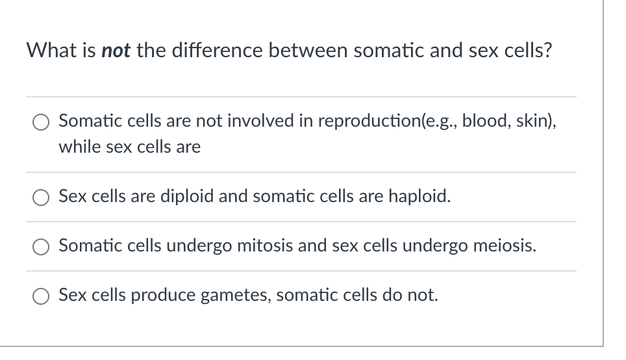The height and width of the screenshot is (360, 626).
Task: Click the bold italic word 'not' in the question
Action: (116, 50)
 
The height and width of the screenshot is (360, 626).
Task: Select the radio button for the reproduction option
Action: (41, 122)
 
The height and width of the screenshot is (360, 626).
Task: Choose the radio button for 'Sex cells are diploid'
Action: (41, 198)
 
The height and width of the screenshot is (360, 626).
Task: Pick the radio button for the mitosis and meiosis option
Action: (41, 247)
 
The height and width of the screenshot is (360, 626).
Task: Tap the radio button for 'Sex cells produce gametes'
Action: (41, 296)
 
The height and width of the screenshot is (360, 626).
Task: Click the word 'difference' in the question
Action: (217, 50)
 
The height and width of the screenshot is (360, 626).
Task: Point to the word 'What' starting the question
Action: (46, 50)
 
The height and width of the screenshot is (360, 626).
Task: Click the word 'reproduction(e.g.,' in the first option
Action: (387, 121)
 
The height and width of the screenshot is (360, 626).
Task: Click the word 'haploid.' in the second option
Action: (419, 196)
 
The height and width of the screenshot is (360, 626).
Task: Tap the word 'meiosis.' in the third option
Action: (505, 246)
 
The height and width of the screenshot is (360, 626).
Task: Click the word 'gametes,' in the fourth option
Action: (236, 295)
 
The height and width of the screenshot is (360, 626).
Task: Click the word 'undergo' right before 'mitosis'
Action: (199, 246)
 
